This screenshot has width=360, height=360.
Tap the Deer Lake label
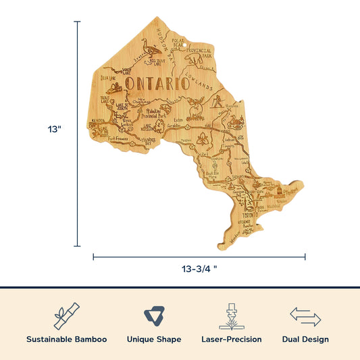(x=109, y=79)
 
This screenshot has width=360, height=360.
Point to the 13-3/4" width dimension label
(x=199, y=268)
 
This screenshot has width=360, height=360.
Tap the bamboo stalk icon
(x=67, y=315)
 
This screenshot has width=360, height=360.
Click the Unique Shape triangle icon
(x=153, y=315)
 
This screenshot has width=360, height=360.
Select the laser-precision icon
(x=232, y=315)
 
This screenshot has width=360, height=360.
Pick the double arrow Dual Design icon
(x=305, y=315)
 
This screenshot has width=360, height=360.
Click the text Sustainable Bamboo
(x=67, y=339)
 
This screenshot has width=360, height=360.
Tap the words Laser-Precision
(x=232, y=339)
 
